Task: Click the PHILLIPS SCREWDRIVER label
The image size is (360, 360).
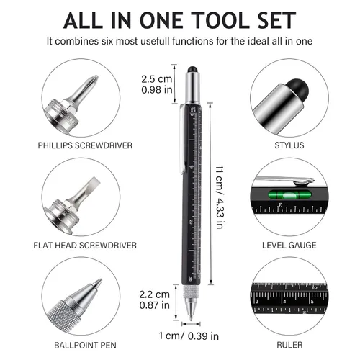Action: click(x=85, y=145)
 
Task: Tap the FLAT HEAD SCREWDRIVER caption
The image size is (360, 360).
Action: click(x=85, y=246)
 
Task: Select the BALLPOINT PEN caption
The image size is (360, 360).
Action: click(x=85, y=345)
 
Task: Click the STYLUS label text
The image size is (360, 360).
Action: click(x=289, y=145)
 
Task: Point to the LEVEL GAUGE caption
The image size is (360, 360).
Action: click(x=289, y=245)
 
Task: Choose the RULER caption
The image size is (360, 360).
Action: click(x=289, y=345)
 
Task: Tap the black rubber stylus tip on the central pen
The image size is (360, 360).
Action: click(x=192, y=69)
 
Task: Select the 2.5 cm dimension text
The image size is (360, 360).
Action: click(x=157, y=79)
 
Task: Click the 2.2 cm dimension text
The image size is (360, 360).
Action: click(x=155, y=294)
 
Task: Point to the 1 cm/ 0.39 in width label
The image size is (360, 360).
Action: click(x=189, y=336)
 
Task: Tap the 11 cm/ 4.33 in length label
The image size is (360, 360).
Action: click(x=220, y=197)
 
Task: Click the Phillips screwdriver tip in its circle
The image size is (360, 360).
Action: click(x=94, y=81)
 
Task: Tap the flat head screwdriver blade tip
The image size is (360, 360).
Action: click(x=95, y=181)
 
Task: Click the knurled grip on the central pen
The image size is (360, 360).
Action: click(x=192, y=291)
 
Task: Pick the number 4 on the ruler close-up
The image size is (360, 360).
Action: click(x=284, y=302)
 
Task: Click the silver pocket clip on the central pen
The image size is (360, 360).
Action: click(x=183, y=139)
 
